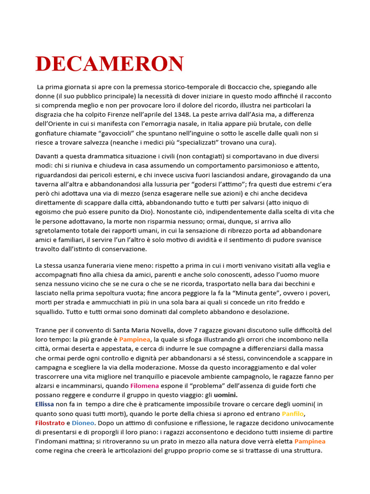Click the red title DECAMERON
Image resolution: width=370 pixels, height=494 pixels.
110,64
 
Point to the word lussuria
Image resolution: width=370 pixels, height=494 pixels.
162,184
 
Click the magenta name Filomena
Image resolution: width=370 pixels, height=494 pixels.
146,385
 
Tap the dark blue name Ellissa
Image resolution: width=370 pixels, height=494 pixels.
45,404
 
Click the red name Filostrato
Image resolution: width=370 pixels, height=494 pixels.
50,423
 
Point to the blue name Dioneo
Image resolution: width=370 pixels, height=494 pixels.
83,423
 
